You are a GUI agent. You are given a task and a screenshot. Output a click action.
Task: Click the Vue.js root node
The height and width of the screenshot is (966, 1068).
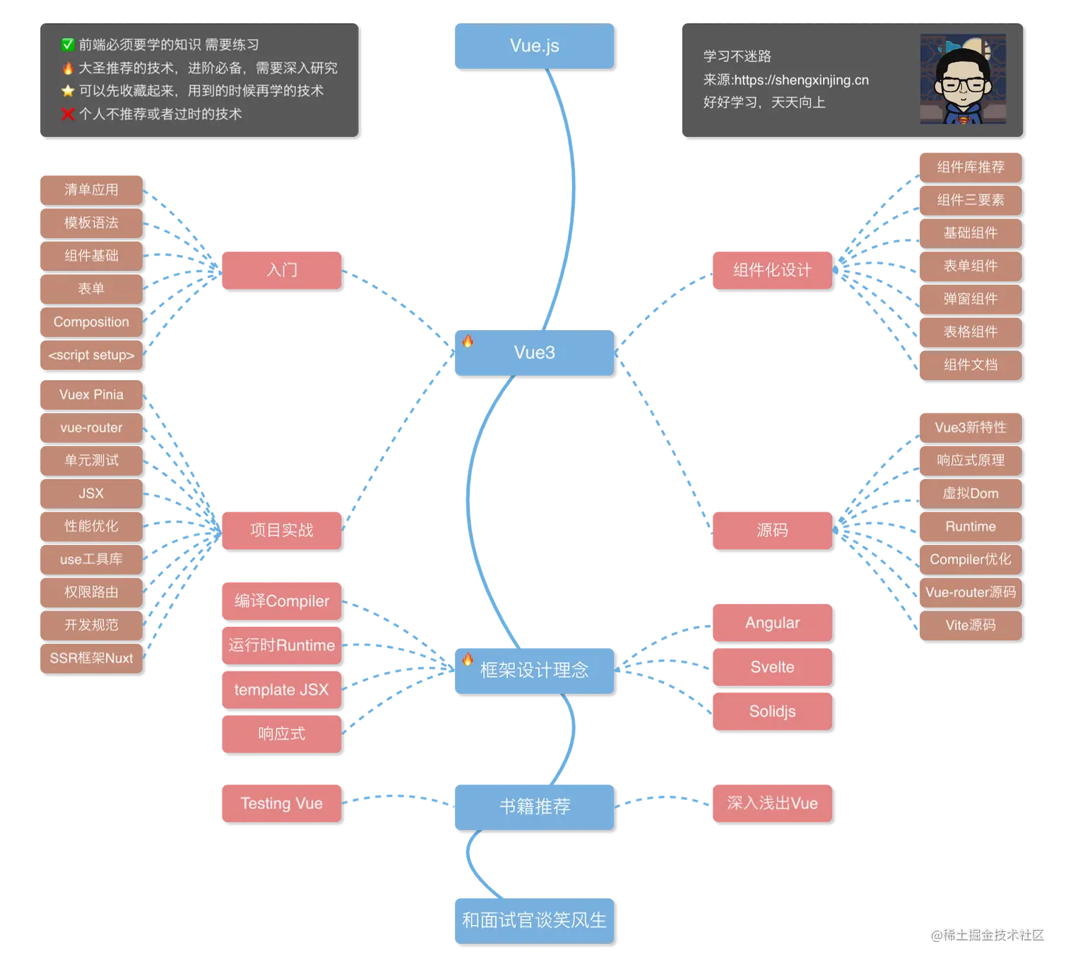point(533,46)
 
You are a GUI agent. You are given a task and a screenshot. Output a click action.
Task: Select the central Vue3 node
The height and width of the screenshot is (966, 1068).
point(534,352)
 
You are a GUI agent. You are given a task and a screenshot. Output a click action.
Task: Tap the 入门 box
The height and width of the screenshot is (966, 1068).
point(281,269)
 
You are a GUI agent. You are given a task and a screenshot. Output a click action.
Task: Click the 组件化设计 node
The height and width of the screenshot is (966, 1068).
point(771,269)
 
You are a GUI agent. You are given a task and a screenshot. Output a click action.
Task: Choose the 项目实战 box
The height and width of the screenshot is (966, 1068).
point(281,529)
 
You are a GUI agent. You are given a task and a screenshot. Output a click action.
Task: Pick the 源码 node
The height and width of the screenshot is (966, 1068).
point(771,529)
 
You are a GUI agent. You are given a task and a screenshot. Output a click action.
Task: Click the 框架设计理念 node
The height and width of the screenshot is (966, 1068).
point(534,669)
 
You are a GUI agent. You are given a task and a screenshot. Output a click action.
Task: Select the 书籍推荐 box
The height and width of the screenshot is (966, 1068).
point(534,806)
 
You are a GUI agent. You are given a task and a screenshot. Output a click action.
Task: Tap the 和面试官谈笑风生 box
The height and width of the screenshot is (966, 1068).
point(533,919)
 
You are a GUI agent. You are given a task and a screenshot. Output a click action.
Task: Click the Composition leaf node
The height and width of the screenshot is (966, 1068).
point(90,322)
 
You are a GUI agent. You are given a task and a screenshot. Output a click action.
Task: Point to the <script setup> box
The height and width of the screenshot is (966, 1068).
point(90,355)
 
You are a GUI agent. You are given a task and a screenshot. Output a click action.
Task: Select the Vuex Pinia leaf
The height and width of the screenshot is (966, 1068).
point(90,394)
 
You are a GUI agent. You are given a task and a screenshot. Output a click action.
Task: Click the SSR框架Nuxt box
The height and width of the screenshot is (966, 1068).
point(90,658)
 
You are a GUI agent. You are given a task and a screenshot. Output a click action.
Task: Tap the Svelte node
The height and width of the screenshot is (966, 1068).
point(771,667)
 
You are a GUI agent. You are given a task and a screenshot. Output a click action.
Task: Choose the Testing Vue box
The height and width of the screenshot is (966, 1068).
point(281,803)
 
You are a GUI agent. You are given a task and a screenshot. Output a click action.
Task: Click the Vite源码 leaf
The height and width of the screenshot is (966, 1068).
point(970,625)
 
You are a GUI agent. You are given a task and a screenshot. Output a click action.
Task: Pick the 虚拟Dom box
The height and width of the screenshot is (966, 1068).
point(970,493)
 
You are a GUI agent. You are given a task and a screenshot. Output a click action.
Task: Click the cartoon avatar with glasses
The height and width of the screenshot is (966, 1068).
point(963,80)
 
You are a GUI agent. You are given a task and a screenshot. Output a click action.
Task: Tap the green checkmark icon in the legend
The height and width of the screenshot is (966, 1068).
point(68,45)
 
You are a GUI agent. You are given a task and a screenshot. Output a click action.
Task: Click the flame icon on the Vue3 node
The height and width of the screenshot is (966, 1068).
point(468,341)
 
